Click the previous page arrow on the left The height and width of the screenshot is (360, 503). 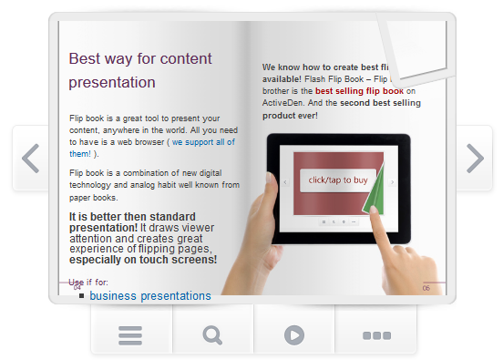[x=30, y=159]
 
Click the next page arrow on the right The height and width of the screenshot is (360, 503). [x=474, y=159]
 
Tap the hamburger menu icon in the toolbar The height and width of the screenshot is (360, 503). [x=130, y=334]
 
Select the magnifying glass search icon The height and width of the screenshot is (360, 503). [x=212, y=334]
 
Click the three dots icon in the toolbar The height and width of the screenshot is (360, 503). [x=375, y=334]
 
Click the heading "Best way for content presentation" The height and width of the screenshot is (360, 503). [x=140, y=70]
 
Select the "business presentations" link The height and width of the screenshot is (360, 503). [x=150, y=296]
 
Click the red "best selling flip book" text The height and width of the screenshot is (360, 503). [x=359, y=91]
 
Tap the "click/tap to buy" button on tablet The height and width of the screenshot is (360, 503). [x=337, y=180]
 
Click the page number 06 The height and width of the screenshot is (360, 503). [x=426, y=288]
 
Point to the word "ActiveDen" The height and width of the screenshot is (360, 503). [x=283, y=103]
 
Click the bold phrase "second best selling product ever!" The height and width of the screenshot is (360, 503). [x=342, y=109]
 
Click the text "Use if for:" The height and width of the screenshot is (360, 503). [x=88, y=283]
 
